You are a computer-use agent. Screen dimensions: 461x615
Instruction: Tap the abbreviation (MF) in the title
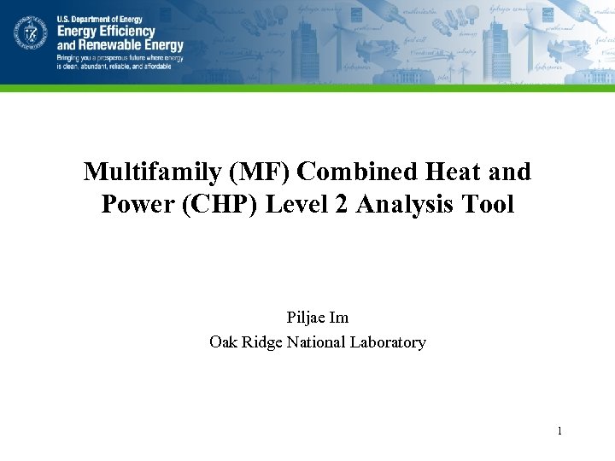[260, 172]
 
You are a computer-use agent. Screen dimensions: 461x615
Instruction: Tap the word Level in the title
[298, 205]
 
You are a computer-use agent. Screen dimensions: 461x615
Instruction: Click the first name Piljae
[306, 318]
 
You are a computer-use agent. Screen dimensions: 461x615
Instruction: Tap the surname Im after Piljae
[340, 318]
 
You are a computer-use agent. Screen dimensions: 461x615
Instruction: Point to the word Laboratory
[390, 342]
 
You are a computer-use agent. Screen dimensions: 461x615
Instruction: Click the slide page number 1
[559, 431]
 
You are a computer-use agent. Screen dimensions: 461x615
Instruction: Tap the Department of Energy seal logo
[30, 34]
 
